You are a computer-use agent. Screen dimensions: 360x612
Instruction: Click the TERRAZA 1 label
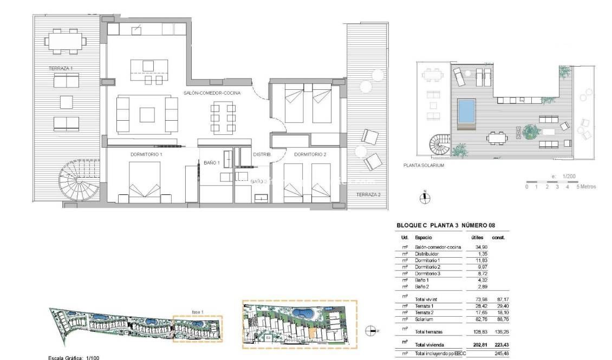[61, 69]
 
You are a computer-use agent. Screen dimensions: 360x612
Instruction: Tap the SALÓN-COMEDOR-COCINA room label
[212, 93]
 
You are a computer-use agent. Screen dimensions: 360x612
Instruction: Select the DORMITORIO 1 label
[146, 154]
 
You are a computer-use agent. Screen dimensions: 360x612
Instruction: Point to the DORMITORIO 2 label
[310, 154]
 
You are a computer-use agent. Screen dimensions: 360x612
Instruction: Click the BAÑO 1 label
[212, 162]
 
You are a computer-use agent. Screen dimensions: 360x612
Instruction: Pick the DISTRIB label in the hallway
[262, 154]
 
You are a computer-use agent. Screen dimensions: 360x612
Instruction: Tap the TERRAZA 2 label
[368, 194]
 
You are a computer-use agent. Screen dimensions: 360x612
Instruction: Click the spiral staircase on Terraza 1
[79, 181]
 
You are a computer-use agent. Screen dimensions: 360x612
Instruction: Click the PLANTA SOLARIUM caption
[424, 166]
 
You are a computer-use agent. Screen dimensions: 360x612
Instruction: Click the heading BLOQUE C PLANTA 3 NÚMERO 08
[446, 225]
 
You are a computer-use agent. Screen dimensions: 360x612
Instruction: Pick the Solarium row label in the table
[424, 319]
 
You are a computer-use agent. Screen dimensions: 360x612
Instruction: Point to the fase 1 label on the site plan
[198, 312]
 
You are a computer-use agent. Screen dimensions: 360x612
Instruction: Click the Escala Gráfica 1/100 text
[74, 357]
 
